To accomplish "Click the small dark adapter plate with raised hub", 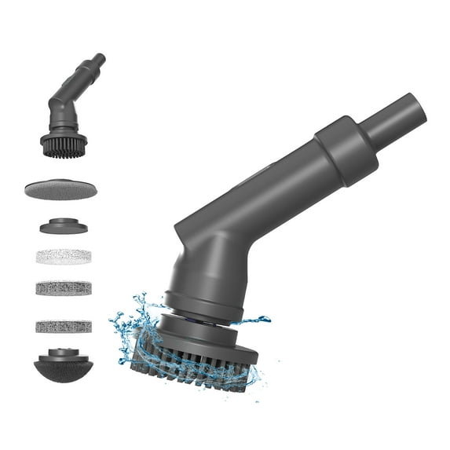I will click(63, 226).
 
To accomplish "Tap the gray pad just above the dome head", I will click(64, 325).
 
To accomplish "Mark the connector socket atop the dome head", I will click(63, 355).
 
